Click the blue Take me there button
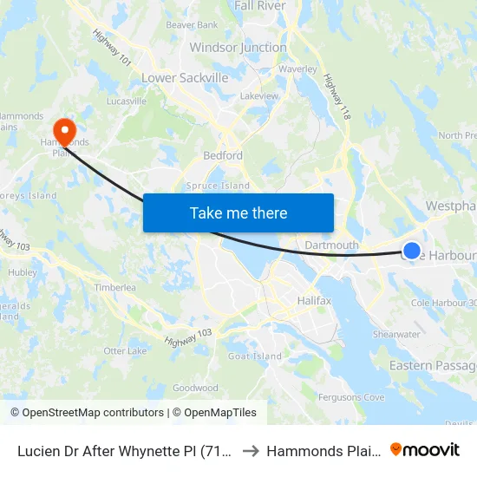click(238, 212)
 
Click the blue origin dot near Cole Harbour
click(412, 251)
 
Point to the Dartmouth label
click(331, 245)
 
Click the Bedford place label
click(222, 155)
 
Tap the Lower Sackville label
click(185, 78)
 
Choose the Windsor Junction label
click(238, 48)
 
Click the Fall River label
click(260, 6)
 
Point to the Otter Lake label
click(126, 350)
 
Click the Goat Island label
click(254, 356)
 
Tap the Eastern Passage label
click(432, 365)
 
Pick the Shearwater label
click(396, 334)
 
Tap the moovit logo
click(425, 449)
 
